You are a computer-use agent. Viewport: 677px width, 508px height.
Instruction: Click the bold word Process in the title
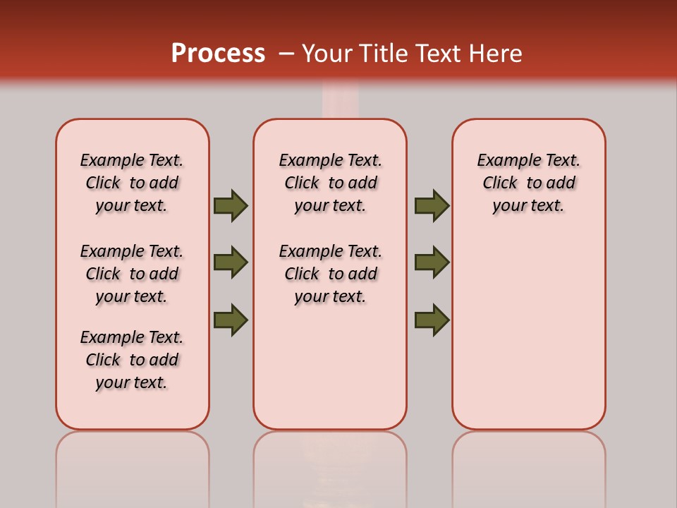(x=218, y=54)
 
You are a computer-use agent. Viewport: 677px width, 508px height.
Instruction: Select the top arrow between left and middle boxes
(x=231, y=205)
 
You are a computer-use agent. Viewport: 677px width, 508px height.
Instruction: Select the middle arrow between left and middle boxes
(x=231, y=262)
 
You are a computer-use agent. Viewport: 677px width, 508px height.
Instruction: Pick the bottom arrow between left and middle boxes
(x=231, y=320)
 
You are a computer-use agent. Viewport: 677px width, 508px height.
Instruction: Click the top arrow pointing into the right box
(x=432, y=205)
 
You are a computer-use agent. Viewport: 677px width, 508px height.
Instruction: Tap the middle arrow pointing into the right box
(x=432, y=262)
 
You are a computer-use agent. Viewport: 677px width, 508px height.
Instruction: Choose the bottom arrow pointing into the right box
(x=432, y=320)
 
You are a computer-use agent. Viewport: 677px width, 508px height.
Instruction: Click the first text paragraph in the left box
(x=132, y=183)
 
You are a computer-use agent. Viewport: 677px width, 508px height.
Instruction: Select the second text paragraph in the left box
(x=132, y=274)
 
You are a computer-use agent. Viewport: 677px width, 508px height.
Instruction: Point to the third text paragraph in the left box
(x=132, y=360)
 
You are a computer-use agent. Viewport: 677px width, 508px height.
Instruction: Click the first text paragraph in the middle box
(x=330, y=183)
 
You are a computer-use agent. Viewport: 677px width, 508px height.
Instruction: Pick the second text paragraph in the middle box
(x=330, y=274)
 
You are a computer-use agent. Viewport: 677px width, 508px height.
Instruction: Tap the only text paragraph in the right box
(x=528, y=183)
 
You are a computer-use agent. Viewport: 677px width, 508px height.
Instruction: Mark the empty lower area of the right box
(x=528, y=339)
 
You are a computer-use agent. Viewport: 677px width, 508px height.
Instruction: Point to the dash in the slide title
(x=286, y=54)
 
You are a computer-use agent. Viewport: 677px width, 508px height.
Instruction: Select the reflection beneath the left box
(x=133, y=466)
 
